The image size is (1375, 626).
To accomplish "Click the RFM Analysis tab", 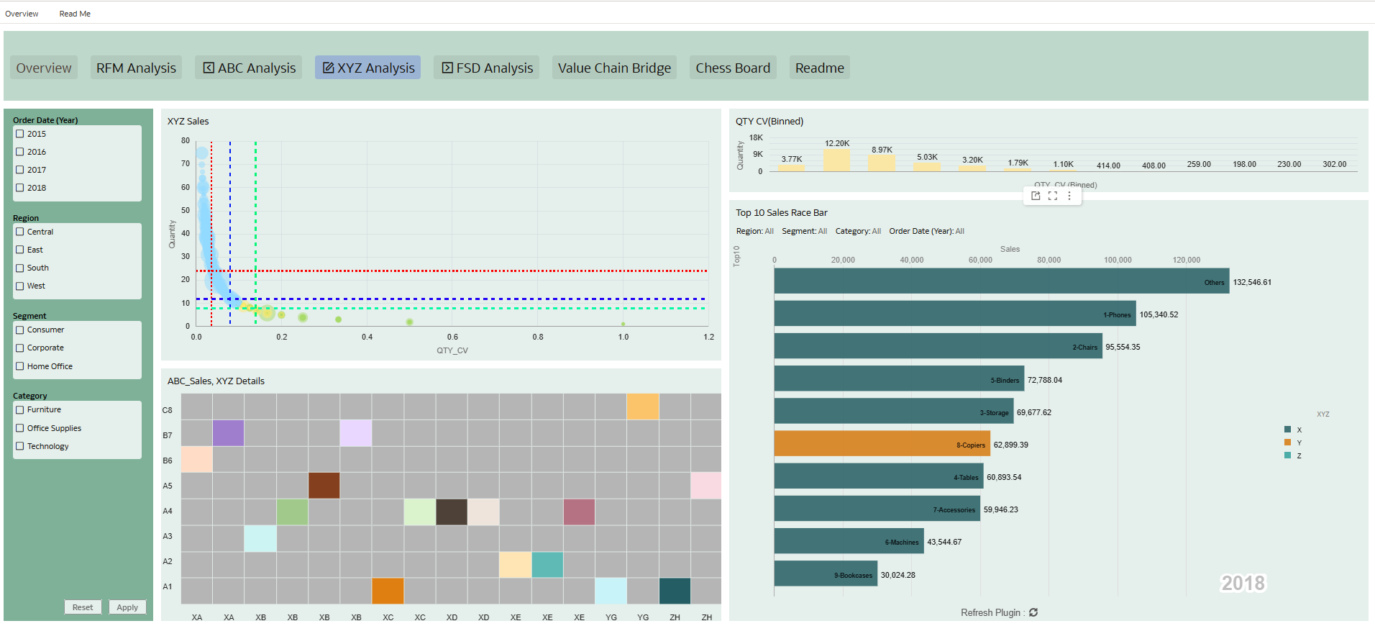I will pos(136,68).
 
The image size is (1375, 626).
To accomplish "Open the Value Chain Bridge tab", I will pos(614,68).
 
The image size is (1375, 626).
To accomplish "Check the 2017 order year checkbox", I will pos(20,170).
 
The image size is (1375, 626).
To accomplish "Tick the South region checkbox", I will pos(20,268).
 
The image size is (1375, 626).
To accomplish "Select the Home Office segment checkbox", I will pos(20,366).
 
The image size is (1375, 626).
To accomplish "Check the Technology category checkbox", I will pos(20,446).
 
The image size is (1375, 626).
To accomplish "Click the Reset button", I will pos(83,607).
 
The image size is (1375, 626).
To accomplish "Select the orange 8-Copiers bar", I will pos(882,444).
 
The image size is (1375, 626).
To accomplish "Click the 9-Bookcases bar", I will pos(825,574).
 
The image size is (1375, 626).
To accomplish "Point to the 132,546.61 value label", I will pos(1252,282).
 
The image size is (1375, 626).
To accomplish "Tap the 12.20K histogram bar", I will pos(836,160).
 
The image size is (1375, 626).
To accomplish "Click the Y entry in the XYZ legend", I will pos(1299,443).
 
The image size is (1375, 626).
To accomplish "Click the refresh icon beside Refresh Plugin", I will pos(1033,612).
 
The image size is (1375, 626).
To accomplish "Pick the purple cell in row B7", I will pos(229,433).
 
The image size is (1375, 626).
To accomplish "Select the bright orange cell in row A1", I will pos(388,591).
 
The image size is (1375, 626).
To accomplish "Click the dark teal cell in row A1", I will pos(675,591).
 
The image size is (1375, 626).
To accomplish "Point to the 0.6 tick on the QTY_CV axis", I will pos(452,337).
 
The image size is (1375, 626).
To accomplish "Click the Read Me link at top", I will pos(75,14).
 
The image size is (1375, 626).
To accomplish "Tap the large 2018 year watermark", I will pos(1243,583).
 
